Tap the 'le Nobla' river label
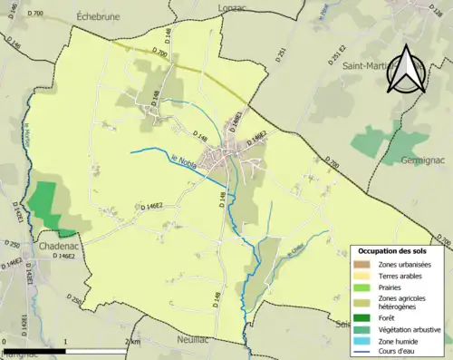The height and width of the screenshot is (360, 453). click(184, 162)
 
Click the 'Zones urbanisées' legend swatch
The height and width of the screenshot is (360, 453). click(365, 263)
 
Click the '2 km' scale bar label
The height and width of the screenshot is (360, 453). click(133, 342)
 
